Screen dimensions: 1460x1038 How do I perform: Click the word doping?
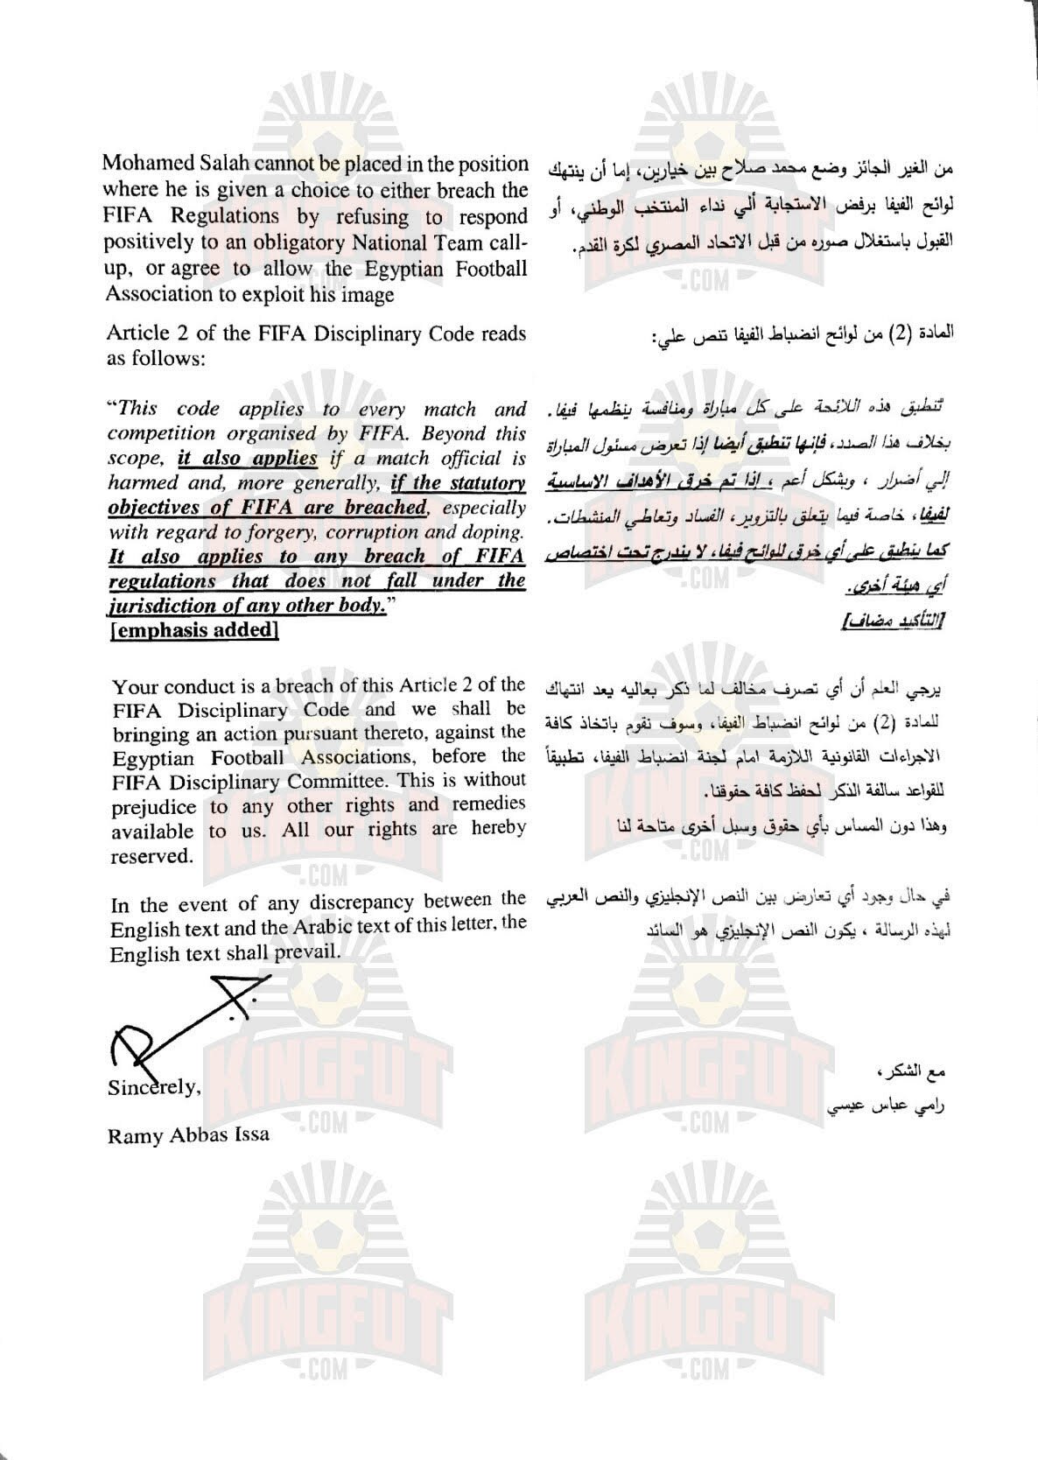tap(492, 531)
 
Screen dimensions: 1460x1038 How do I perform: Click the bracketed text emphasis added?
tap(194, 630)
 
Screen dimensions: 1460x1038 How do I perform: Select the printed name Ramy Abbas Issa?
tap(187, 1135)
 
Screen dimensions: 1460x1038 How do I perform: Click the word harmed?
tap(140, 482)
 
